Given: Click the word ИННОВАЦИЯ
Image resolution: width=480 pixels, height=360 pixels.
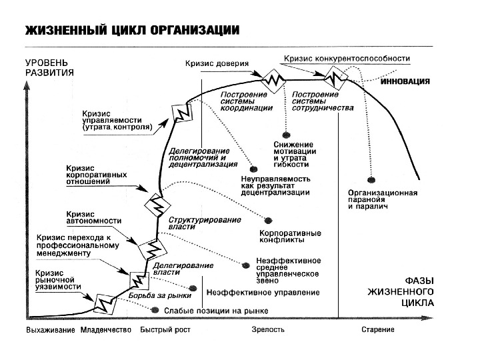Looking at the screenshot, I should coord(405,82).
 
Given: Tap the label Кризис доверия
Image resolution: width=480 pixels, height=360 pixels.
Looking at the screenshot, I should coord(216,65).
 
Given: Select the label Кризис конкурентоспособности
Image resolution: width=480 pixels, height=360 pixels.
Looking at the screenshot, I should coord(347,59).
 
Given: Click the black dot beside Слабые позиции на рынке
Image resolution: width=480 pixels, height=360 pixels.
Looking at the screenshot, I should coord(156,310).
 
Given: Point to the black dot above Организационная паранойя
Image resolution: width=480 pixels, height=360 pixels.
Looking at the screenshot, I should coord(371,179).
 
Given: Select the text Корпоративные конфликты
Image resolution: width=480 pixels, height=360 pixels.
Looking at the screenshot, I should coord(290,237).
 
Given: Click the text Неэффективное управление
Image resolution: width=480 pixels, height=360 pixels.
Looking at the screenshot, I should coord(263,293).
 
